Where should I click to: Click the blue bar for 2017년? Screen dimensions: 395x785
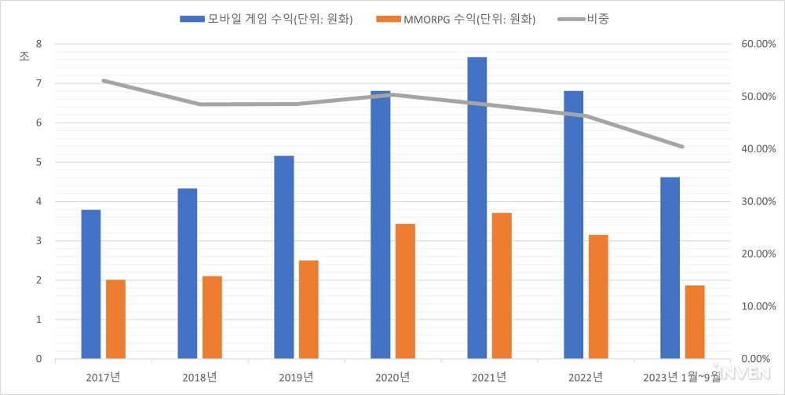pyautogui.click(x=91, y=284)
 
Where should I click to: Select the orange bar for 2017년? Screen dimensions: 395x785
pyautogui.click(x=116, y=320)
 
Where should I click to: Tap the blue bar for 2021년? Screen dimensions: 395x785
pyautogui.click(x=477, y=208)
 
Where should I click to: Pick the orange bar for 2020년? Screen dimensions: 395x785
pyautogui.click(x=405, y=291)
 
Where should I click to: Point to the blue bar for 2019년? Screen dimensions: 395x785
pyautogui.click(x=284, y=258)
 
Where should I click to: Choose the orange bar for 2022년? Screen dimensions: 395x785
pyautogui.click(x=598, y=297)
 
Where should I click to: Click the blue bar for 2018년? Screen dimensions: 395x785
pyautogui.click(x=188, y=273)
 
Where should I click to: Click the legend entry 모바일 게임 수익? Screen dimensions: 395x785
pyautogui.click(x=267, y=20)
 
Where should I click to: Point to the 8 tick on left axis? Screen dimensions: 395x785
pyautogui.click(x=38, y=44)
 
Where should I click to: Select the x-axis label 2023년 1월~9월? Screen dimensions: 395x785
pyautogui.click(x=681, y=377)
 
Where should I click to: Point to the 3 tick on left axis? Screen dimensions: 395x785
pyautogui.click(x=38, y=241)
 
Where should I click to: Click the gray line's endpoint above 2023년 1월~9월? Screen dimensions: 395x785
pyautogui.click(x=683, y=147)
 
